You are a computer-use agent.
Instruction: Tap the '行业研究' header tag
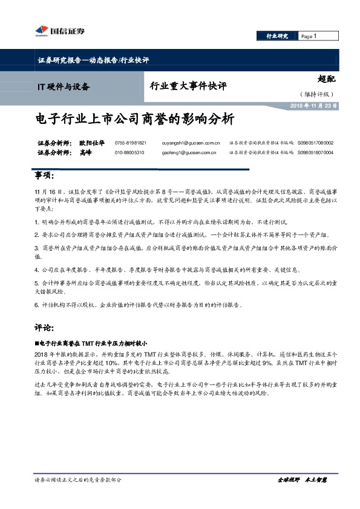(278, 37)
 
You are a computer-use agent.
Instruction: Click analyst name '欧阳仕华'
(91, 143)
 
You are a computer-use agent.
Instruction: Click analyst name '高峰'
(85, 153)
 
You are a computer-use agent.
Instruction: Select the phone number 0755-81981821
(130, 143)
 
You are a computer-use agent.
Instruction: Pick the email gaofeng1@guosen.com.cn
(189, 153)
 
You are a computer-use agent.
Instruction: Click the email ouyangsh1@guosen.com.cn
(191, 143)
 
